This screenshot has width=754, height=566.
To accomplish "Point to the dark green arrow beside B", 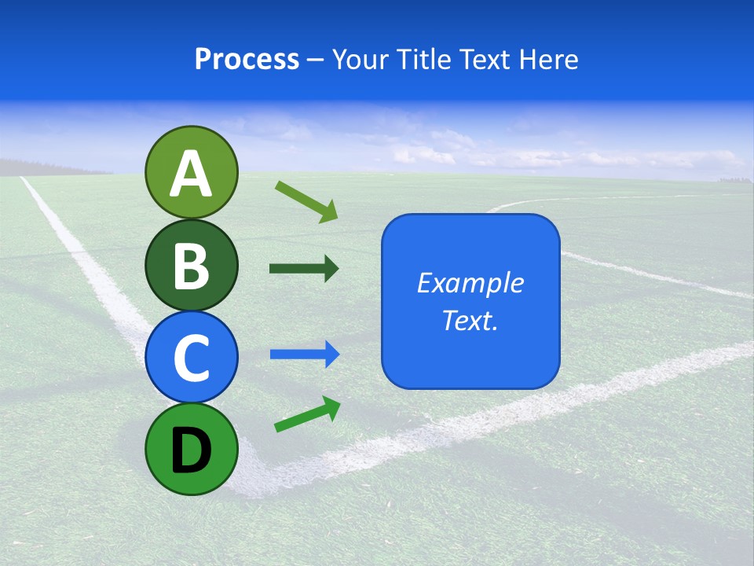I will [x=304, y=269].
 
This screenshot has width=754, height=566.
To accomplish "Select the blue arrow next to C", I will [x=304, y=355].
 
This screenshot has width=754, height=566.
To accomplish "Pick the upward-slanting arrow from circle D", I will [x=307, y=414].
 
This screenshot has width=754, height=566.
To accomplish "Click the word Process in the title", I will [x=247, y=59].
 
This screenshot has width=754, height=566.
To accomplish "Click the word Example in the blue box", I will [x=470, y=283].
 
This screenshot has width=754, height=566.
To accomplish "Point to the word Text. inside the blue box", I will [x=470, y=320].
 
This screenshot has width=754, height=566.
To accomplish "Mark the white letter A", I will [x=191, y=175].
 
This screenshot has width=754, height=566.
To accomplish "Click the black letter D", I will [x=191, y=451].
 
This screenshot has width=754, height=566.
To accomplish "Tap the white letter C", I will [x=191, y=358].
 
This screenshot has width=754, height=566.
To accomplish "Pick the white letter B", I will [x=191, y=266].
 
